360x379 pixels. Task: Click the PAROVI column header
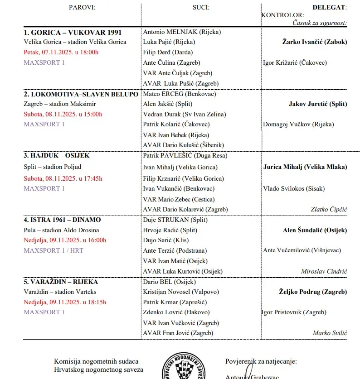point(82,7)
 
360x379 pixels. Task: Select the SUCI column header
point(201,7)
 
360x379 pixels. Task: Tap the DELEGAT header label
point(330,7)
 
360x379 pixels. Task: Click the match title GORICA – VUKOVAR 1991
point(73,32)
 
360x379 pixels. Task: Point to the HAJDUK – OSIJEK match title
point(57,155)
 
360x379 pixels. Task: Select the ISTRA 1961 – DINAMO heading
point(62,220)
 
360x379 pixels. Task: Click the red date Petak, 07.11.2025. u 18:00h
point(61,52)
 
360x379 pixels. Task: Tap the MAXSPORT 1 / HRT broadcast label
point(54,250)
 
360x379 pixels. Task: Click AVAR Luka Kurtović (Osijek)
point(183,271)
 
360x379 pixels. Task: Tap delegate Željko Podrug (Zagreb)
point(313,292)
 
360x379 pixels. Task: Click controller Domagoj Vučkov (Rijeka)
point(298,125)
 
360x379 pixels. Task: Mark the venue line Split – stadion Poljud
point(53,167)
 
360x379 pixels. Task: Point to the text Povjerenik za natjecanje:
point(261,361)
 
